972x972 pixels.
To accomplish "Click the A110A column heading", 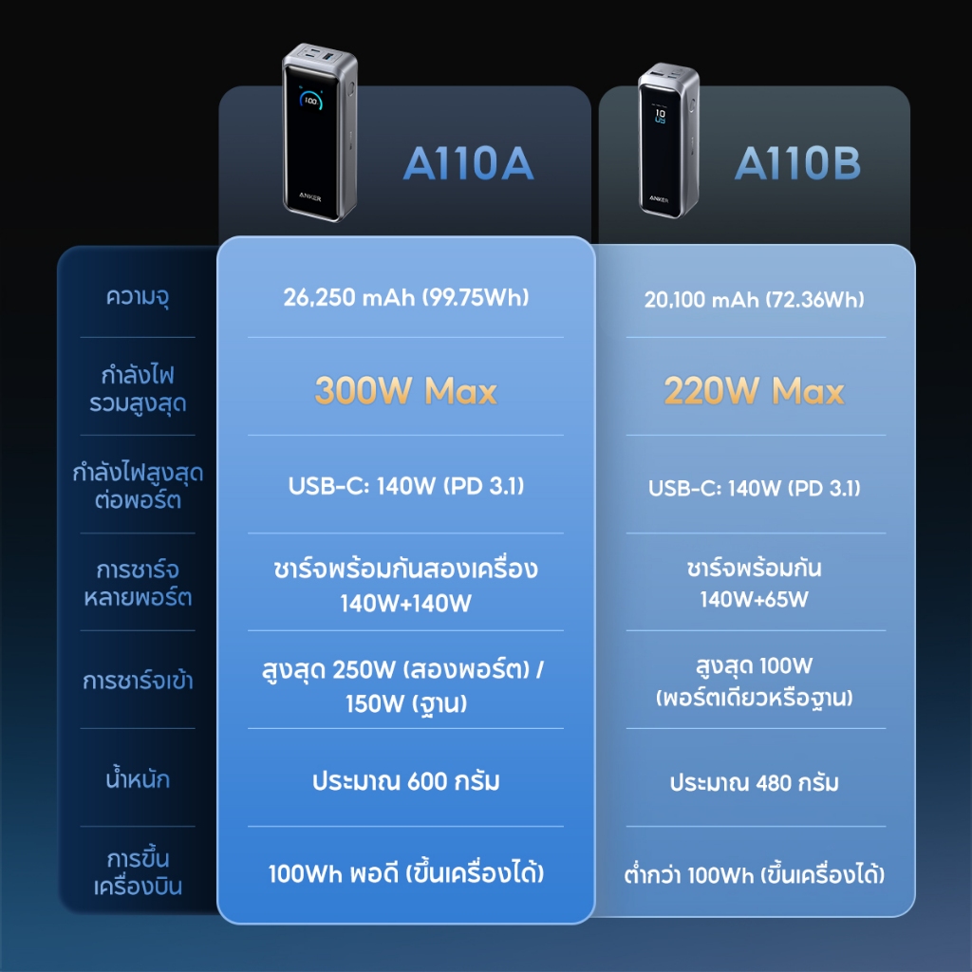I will point(468,163).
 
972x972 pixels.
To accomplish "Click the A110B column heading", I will point(797,163).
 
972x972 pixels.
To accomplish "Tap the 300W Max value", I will point(405,390).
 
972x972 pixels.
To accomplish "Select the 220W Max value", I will point(754,390).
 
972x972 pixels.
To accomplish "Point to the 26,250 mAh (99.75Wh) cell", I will point(405,297).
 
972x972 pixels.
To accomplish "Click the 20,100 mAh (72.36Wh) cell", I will point(754,300).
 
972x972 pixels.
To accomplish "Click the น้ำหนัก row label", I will point(138,781).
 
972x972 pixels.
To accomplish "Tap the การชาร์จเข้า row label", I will point(138,682).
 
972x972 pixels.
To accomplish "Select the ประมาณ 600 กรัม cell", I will point(405,782).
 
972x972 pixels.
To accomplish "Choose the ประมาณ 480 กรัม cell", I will point(754,784).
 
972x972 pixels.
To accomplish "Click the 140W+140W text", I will point(405,602).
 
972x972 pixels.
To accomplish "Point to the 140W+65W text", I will point(754,599).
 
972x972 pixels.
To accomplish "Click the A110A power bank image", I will point(316,133).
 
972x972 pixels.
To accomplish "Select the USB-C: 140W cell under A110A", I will point(405,487).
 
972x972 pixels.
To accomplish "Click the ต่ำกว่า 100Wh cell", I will point(754,874).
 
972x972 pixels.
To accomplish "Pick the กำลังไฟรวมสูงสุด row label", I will point(138,389).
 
